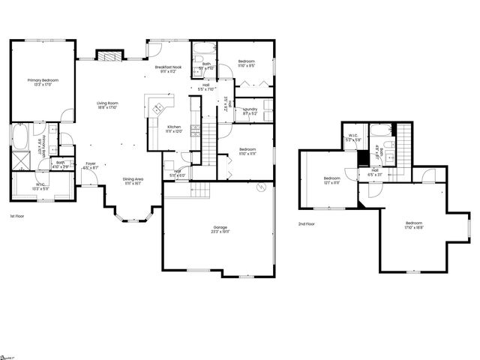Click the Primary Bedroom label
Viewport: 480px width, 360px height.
(x=43, y=82)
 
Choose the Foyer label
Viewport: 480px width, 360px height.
(x=90, y=164)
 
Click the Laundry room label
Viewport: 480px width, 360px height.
(x=250, y=111)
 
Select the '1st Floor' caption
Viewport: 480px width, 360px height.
(x=19, y=216)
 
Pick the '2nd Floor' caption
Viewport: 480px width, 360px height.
(x=306, y=223)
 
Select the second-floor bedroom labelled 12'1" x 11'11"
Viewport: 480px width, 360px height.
(x=331, y=180)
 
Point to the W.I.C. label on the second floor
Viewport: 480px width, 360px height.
(x=352, y=138)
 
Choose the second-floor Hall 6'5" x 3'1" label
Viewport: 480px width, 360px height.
(x=375, y=172)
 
